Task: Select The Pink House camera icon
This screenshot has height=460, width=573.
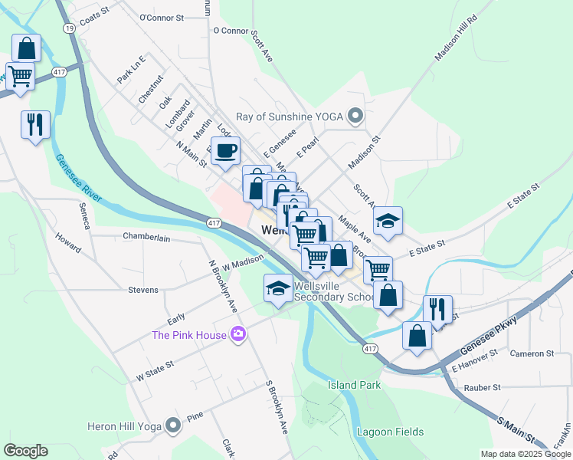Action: pos(239,334)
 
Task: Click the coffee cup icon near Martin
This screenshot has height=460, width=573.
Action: pos(225,151)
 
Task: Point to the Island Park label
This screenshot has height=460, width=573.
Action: pos(355,385)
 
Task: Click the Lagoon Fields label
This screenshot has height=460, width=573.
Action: pos(390,432)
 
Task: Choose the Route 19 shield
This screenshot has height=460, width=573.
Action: pos(70,28)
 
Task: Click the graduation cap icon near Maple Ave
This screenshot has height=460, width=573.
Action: pos(388,221)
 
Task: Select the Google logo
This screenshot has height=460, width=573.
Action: pos(25,451)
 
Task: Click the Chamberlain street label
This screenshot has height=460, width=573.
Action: pos(146,238)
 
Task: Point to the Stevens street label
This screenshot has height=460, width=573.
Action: pos(143,290)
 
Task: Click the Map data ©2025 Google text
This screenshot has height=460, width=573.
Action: pos(525,454)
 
